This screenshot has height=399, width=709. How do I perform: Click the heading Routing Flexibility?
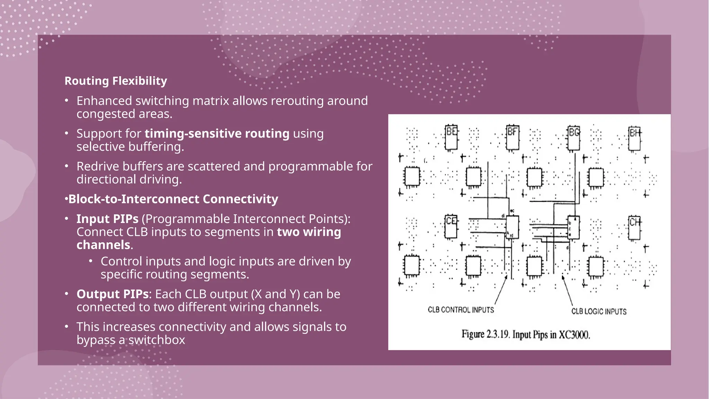click(x=116, y=81)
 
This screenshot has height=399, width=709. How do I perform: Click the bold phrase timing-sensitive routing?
click(x=217, y=134)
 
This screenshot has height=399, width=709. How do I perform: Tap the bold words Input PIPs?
click(x=107, y=219)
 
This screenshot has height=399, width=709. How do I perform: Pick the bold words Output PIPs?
click(x=113, y=294)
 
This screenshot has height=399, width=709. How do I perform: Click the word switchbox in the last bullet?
click(x=157, y=340)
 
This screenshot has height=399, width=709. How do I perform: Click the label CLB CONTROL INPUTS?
click(x=461, y=310)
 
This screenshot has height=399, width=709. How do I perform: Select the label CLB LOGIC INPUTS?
click(x=599, y=311)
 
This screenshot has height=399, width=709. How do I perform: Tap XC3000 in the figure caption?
click(x=574, y=335)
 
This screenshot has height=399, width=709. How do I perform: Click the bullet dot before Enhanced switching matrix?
click(x=66, y=101)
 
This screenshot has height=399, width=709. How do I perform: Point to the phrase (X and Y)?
click(x=275, y=294)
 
